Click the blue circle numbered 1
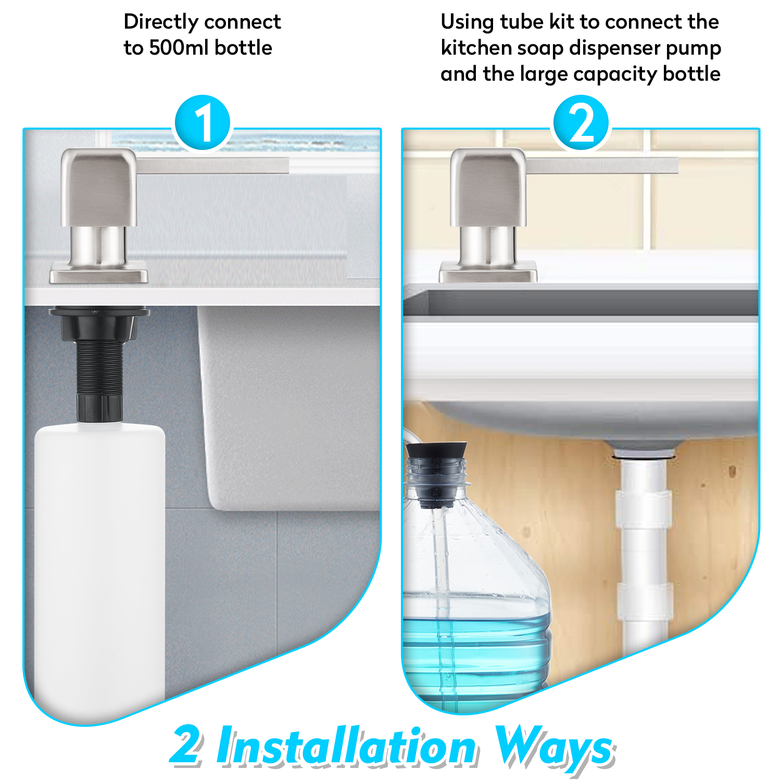[202, 123]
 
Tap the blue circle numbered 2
[581, 123]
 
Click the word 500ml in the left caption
[179, 48]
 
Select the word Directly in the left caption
[161, 22]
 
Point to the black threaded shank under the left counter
[99, 364]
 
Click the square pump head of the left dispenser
[99, 187]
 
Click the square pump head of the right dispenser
[488, 187]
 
